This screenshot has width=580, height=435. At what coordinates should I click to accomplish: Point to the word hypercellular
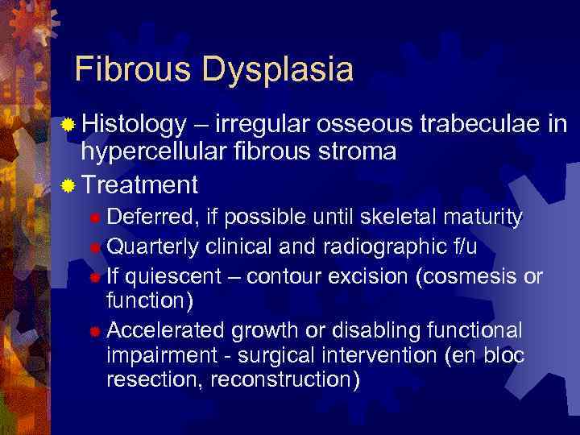coord(153,152)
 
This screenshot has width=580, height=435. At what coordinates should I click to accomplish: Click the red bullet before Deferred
coord(95,219)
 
